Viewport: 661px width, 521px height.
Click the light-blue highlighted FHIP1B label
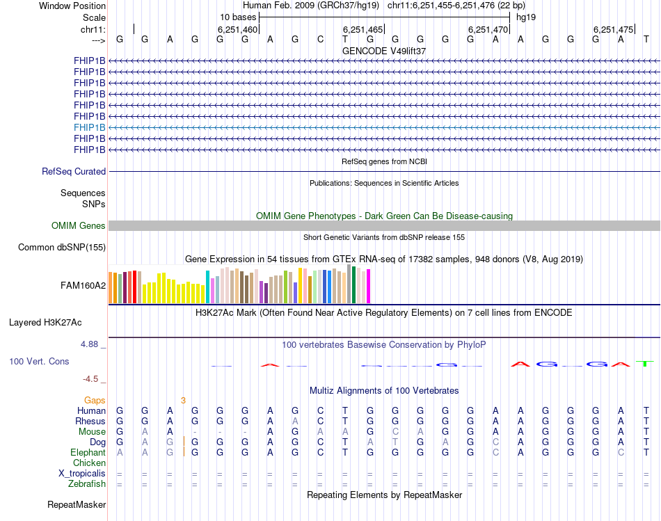coord(90,127)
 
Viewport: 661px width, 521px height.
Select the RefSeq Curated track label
coord(74,171)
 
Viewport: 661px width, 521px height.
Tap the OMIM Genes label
coord(79,225)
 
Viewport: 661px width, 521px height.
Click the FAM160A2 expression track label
coord(83,285)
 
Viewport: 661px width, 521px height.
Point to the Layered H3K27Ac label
coord(45,322)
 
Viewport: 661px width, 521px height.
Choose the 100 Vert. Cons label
coord(39,362)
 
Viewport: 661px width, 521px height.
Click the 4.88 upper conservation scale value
coord(91,344)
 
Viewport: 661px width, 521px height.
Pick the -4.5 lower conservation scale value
coord(92,379)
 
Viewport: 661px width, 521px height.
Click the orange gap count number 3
coord(183,400)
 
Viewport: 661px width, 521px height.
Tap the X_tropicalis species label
coord(82,473)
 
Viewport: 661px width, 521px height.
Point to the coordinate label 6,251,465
coord(363,29)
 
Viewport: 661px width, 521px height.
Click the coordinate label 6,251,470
coord(488,29)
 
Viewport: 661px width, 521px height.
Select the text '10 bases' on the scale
coord(238,17)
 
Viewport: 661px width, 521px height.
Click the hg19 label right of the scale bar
coord(525,17)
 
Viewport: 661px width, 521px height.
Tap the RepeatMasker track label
coord(77,504)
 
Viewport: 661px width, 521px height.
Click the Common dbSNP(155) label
coord(62,247)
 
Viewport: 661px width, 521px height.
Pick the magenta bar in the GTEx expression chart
coord(369,286)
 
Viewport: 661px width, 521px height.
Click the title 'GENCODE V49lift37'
coord(384,51)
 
